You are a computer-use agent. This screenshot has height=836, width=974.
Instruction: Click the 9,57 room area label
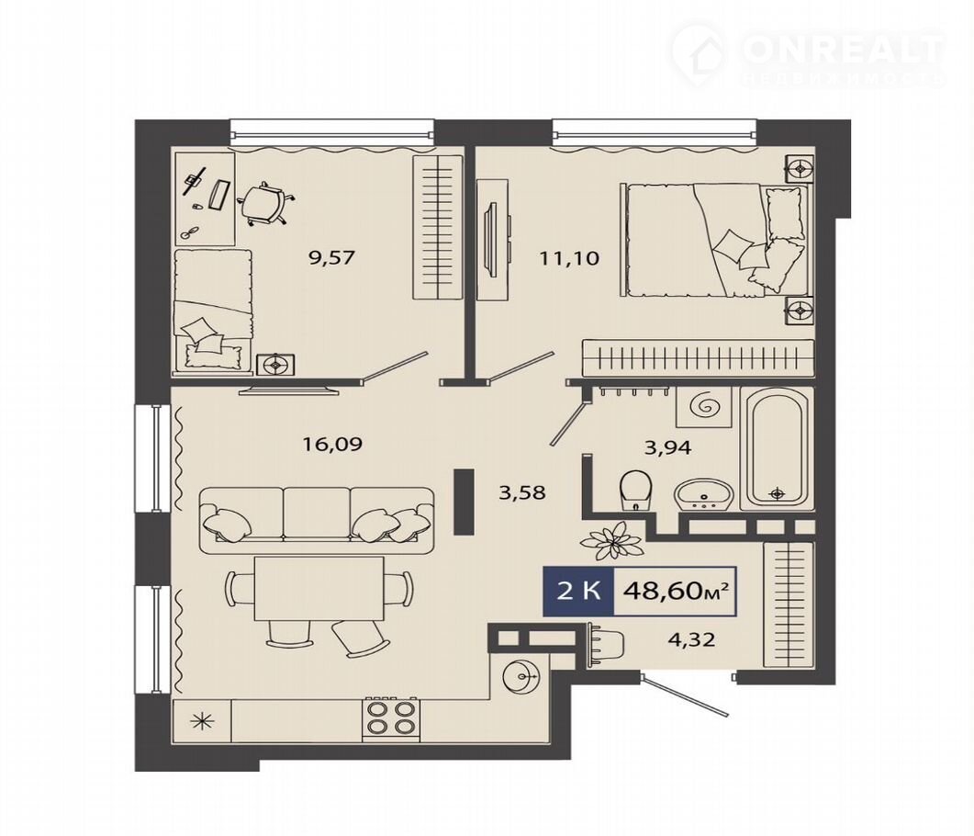click(331, 256)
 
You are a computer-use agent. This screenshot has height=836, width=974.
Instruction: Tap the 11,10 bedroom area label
click(569, 257)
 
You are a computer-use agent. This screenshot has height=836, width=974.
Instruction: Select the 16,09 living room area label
click(331, 444)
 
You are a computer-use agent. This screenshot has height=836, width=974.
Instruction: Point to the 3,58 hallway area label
click(522, 493)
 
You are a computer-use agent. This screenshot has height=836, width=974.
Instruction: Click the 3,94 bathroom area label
click(667, 446)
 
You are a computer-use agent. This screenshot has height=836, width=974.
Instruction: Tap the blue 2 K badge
click(578, 591)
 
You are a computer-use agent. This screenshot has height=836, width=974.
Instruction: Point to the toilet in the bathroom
click(635, 490)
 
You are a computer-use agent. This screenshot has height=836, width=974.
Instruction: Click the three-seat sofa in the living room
click(318, 516)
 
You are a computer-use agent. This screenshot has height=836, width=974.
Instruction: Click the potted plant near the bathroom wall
click(611, 540)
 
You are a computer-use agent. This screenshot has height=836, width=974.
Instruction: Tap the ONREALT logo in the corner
click(808, 55)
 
